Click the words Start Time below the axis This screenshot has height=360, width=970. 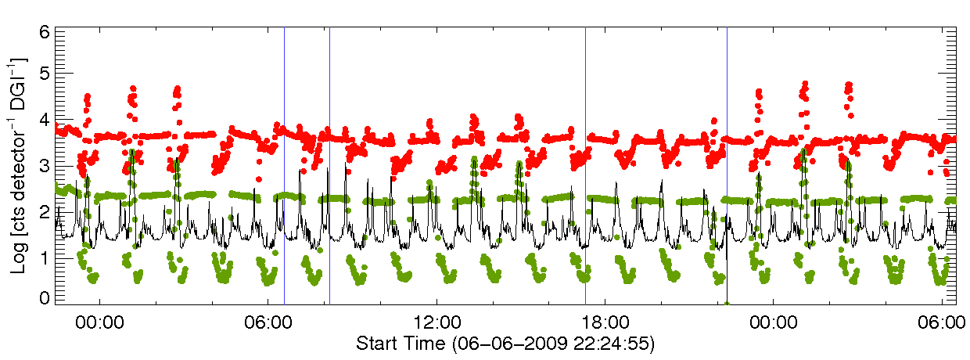coord(401,343)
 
